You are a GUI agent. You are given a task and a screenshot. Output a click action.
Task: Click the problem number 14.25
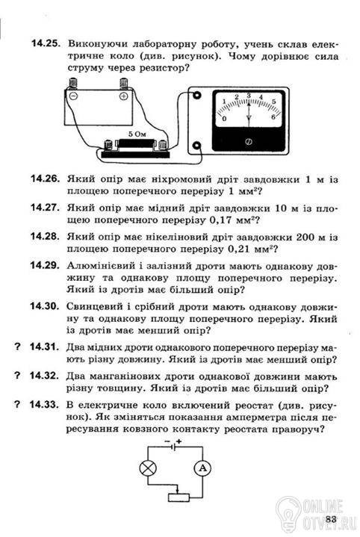click(46, 44)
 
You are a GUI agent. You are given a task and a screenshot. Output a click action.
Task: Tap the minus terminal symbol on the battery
click(73, 96)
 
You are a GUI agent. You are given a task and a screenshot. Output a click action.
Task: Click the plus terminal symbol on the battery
click(124, 96)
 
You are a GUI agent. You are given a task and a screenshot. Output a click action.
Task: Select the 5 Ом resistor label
click(137, 134)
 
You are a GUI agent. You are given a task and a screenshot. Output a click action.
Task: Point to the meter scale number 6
click(273, 117)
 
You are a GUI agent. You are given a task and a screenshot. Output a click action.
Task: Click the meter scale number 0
click(224, 119)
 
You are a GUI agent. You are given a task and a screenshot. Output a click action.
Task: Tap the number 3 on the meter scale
click(249, 95)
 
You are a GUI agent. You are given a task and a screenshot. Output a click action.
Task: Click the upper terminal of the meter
click(197, 95)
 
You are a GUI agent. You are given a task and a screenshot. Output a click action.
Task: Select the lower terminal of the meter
click(196, 146)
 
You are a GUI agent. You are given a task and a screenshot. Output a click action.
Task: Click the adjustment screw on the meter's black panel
click(249, 141)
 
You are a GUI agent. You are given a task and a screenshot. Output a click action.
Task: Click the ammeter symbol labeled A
click(202, 468)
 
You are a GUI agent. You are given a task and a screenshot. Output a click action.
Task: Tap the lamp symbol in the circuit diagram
click(148, 468)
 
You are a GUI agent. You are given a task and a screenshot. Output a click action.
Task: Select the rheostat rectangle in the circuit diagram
click(179, 497)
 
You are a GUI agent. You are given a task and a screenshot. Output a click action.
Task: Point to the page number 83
click(331, 518)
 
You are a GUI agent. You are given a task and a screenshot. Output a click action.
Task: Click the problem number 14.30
click(45, 306)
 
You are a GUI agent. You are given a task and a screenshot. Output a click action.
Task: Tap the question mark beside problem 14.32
click(17, 376)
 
